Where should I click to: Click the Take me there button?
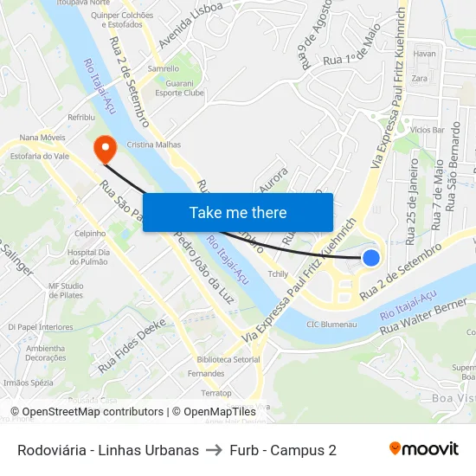[x=238, y=213]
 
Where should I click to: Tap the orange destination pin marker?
[x=106, y=147]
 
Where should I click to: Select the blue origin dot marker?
[x=370, y=257]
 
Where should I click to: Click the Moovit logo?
[x=424, y=449]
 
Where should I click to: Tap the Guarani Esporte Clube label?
[x=179, y=87]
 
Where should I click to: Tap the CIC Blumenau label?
[x=332, y=325]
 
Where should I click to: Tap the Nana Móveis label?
[x=43, y=137]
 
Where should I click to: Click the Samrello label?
[x=164, y=68]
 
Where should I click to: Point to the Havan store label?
[x=424, y=54]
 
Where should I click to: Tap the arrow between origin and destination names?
[x=214, y=450]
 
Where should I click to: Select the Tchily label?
[x=277, y=274]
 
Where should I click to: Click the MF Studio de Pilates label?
[x=66, y=290]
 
